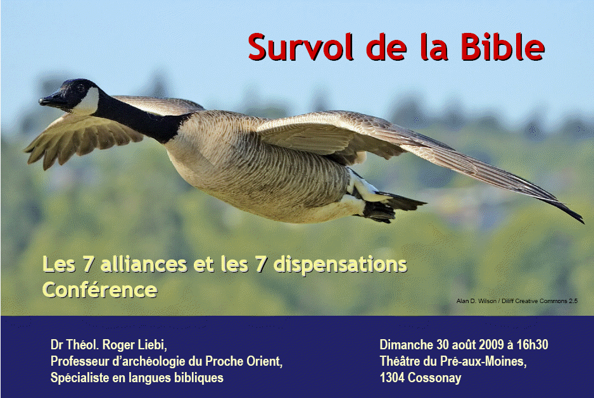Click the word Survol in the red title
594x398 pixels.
pyautogui.click(x=301, y=47)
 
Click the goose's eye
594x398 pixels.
pyautogui.click(x=80, y=88)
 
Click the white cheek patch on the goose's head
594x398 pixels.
pyautogui.click(x=87, y=102)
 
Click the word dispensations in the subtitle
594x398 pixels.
pyautogui.click(x=340, y=264)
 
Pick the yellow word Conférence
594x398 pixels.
pyautogui.click(x=99, y=290)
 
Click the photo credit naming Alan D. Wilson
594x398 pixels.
pyautogui.click(x=517, y=301)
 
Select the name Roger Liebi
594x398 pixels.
pyautogui.click(x=134, y=345)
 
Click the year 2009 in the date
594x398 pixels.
pyautogui.click(x=491, y=345)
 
